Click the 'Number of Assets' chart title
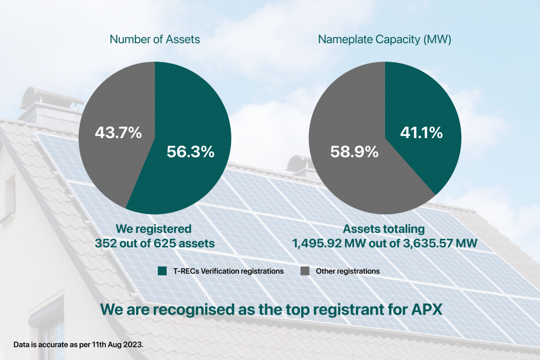tap(155, 39)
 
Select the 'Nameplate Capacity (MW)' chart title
tap(384, 39)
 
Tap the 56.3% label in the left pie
tap(190, 152)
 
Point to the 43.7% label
tap(118, 133)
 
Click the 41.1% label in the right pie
tap(420, 133)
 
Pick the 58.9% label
tap(354, 152)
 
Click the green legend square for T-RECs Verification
tap(162, 271)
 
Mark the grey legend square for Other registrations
tap(305, 271)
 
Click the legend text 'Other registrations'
tap(348, 271)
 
